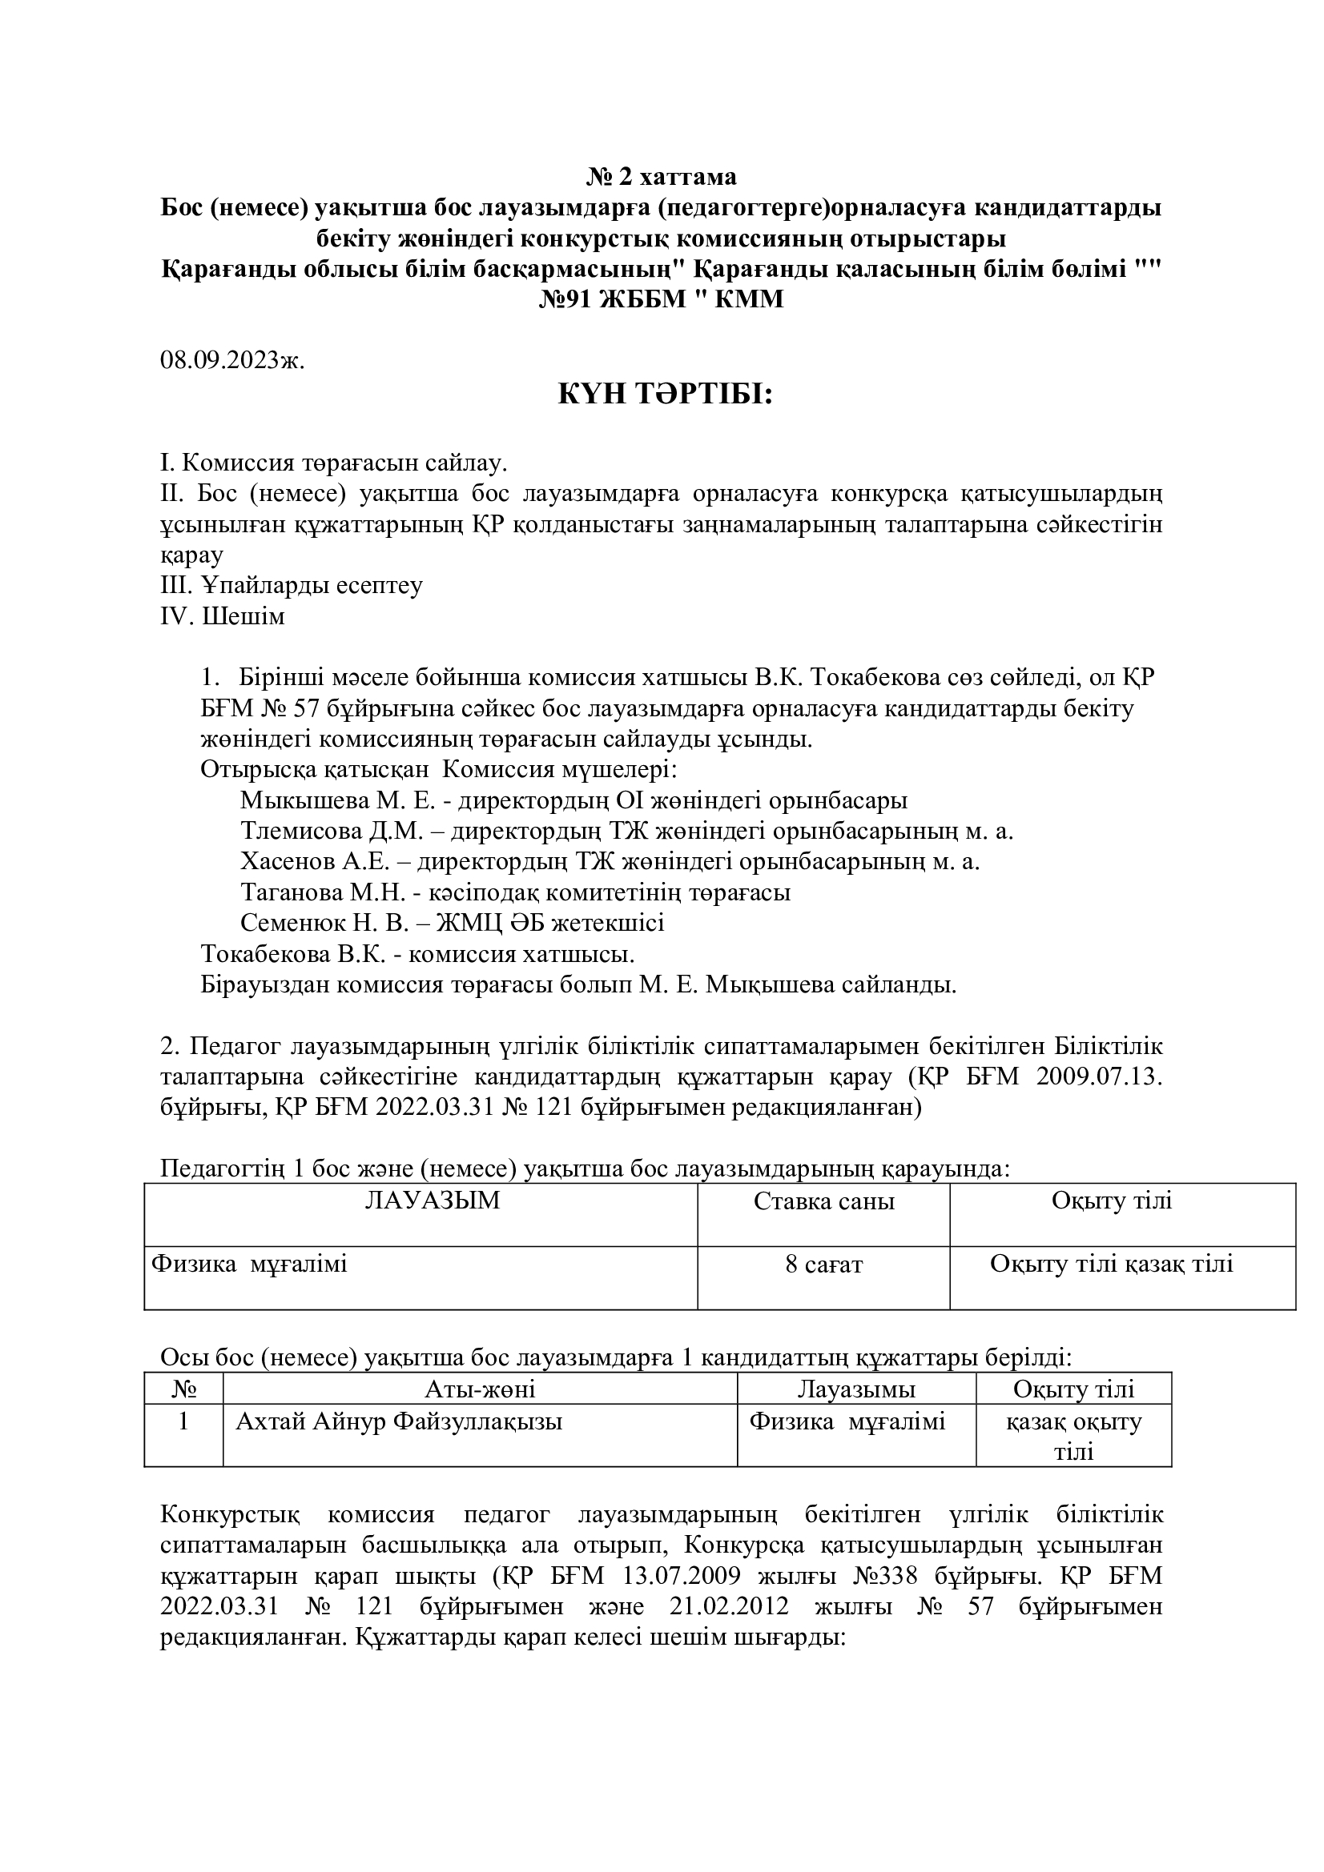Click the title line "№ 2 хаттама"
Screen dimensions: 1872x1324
click(x=661, y=176)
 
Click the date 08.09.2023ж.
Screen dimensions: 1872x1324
click(x=231, y=360)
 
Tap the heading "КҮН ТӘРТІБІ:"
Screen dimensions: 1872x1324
click(x=664, y=396)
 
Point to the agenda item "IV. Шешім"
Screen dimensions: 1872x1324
click(x=223, y=616)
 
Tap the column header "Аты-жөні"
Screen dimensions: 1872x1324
click(x=480, y=1389)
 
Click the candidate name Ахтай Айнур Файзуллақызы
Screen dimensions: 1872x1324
click(x=399, y=1422)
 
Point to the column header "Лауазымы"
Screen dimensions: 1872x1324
click(x=855, y=1389)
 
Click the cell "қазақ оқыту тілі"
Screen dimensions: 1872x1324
click(x=1073, y=1436)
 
